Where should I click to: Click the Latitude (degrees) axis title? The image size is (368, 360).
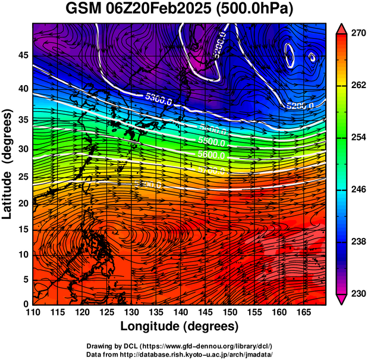pyautogui.click(x=8, y=164)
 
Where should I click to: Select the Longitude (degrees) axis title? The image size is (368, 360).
pyautogui.click(x=180, y=326)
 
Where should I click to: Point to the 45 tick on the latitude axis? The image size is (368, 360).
pyautogui.click(x=22, y=55)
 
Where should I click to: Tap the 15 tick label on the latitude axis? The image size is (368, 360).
pyautogui.click(x=22, y=229)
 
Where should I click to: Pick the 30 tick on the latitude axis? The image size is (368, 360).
pyautogui.click(x=22, y=149)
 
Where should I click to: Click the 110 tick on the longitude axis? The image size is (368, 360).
pyautogui.click(x=33, y=312)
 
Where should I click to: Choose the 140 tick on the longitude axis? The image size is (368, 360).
pyautogui.click(x=180, y=312)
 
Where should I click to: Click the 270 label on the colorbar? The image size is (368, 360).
pyautogui.click(x=357, y=33)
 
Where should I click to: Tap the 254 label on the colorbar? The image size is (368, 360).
pyautogui.click(x=357, y=137)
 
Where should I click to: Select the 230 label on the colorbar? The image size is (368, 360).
pyautogui.click(x=357, y=293)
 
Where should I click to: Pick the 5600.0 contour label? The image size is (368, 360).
pyautogui.click(x=212, y=155)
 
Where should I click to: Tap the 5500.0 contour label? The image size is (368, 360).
pyautogui.click(x=211, y=143)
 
